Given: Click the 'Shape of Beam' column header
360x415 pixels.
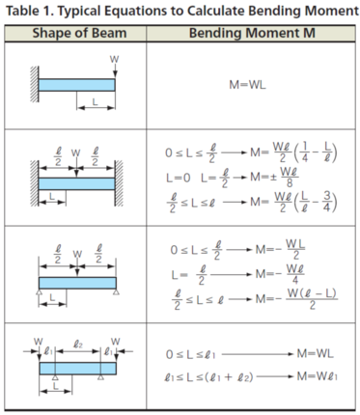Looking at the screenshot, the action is pyautogui.click(x=79, y=33).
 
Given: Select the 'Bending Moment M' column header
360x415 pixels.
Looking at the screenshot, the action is pyautogui.click(x=252, y=33).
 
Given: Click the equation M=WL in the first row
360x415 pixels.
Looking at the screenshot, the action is pyautogui.click(x=247, y=85).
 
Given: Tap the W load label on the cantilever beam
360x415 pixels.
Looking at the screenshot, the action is pyautogui.click(x=114, y=60).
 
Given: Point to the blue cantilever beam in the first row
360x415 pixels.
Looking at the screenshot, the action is pyautogui.click(x=76, y=85).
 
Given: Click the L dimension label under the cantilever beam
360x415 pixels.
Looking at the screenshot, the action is pyautogui.click(x=95, y=102).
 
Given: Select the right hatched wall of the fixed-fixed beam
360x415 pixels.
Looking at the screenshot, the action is pyautogui.click(x=119, y=182).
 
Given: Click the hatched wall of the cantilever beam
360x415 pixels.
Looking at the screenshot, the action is pyautogui.click(x=35, y=84).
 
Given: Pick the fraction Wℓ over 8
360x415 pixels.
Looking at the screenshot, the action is pyautogui.click(x=289, y=177).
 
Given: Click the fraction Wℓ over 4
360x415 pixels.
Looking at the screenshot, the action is pyautogui.click(x=294, y=274).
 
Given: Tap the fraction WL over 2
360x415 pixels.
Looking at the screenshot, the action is pyautogui.click(x=295, y=249).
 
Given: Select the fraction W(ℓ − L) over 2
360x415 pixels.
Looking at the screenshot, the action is pyautogui.click(x=312, y=299).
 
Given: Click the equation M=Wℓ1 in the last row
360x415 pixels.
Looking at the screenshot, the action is pyautogui.click(x=318, y=376).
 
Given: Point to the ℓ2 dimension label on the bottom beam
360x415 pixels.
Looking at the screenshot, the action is pyautogui.click(x=78, y=345).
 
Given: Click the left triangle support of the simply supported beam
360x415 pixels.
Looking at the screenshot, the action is pyautogui.click(x=39, y=291).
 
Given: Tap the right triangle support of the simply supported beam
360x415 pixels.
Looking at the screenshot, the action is pyautogui.click(x=116, y=291).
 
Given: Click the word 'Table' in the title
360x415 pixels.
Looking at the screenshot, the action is pyautogui.click(x=22, y=11).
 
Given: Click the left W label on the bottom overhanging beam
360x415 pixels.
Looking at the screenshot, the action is pyautogui.click(x=39, y=342).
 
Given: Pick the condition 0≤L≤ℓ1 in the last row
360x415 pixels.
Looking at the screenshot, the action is pyautogui.click(x=190, y=354).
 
